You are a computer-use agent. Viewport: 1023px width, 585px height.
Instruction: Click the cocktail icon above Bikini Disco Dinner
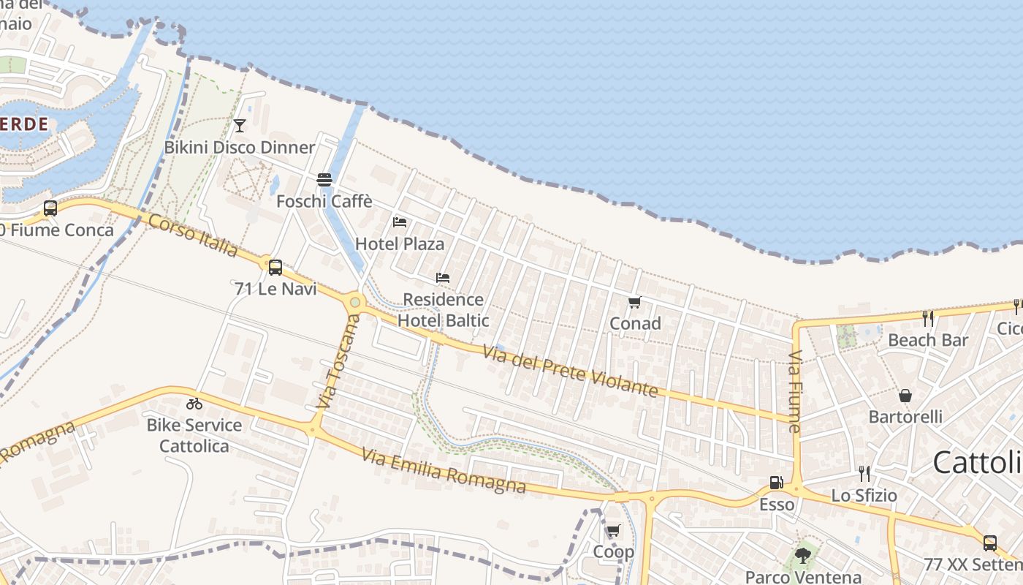[x=240, y=126]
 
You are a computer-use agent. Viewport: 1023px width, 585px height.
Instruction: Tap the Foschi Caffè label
[x=324, y=201]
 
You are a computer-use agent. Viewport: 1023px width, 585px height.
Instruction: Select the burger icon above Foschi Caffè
[x=324, y=180]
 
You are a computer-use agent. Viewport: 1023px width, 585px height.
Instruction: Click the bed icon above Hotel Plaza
[x=400, y=222]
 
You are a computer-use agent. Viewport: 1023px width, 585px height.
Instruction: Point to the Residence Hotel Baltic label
[x=444, y=310]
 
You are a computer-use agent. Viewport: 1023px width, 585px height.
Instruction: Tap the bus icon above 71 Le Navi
[x=275, y=268]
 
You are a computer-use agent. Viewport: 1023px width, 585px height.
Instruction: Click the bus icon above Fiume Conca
[x=50, y=208]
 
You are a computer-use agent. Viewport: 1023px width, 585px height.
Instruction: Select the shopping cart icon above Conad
[x=634, y=302]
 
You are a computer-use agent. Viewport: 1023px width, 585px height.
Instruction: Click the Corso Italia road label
[x=193, y=235]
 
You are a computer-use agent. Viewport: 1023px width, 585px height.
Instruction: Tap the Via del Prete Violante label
[x=571, y=372]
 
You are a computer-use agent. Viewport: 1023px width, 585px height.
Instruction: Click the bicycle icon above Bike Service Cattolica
[x=194, y=404]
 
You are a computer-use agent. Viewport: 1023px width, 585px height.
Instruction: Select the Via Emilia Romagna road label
[x=444, y=471]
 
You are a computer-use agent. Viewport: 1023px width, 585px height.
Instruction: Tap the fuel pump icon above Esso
[x=776, y=483]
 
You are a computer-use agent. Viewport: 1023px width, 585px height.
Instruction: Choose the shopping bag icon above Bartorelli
[x=905, y=396]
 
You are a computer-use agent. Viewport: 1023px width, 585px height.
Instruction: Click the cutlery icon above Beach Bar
[x=928, y=318]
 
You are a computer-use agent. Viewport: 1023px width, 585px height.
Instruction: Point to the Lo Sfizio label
[x=864, y=495]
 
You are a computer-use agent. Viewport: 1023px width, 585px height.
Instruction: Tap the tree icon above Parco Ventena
[x=803, y=555]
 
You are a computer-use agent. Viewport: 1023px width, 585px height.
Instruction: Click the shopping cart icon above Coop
[x=613, y=531]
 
